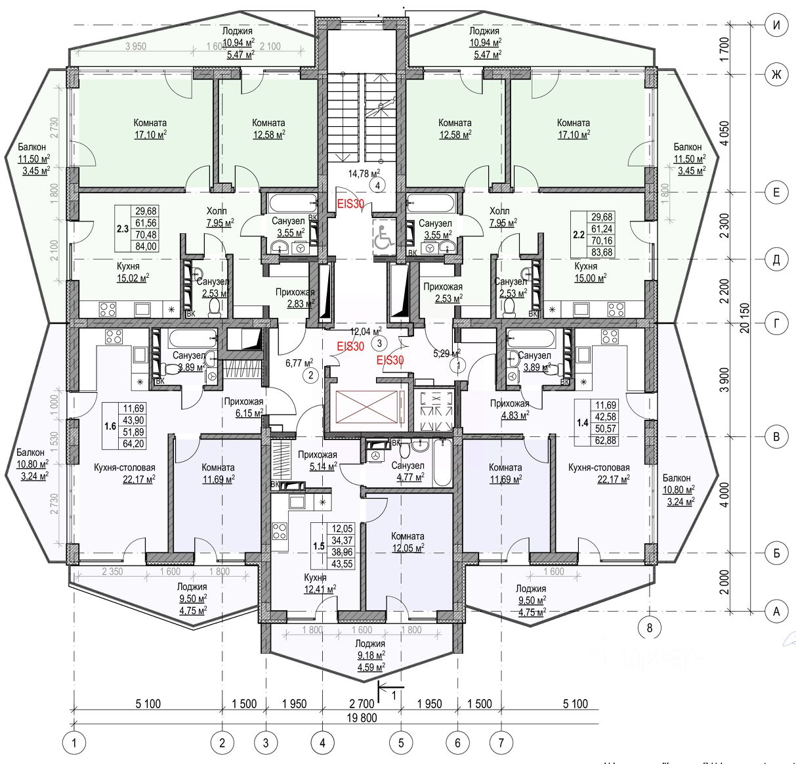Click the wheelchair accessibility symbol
tap(383, 237)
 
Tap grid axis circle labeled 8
tap(650, 627)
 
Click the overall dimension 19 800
tap(361, 717)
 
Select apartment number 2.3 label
tap(123, 229)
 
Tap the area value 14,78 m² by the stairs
tap(364, 173)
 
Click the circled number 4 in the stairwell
tap(379, 185)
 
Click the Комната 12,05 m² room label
tap(408, 541)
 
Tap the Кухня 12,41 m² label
tap(320, 583)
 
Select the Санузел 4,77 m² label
tap(408, 470)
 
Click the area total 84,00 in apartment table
tap(146, 246)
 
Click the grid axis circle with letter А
tap(776, 612)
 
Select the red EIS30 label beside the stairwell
tap(350, 204)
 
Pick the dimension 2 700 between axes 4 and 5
tap(362, 704)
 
